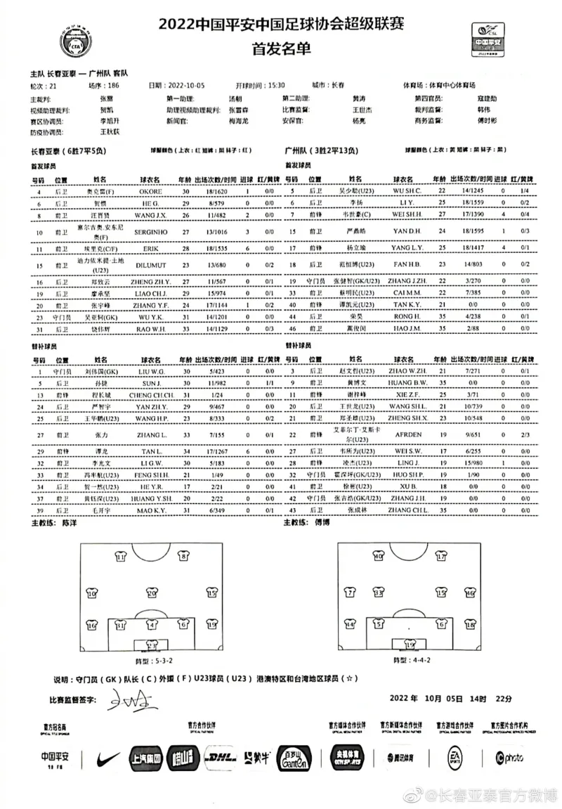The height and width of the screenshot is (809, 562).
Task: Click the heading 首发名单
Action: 280,50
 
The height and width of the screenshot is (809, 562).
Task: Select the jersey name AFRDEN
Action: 407,435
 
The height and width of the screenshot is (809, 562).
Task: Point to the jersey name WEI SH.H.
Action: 407,214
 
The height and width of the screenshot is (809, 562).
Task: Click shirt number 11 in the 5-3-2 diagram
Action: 121,557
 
